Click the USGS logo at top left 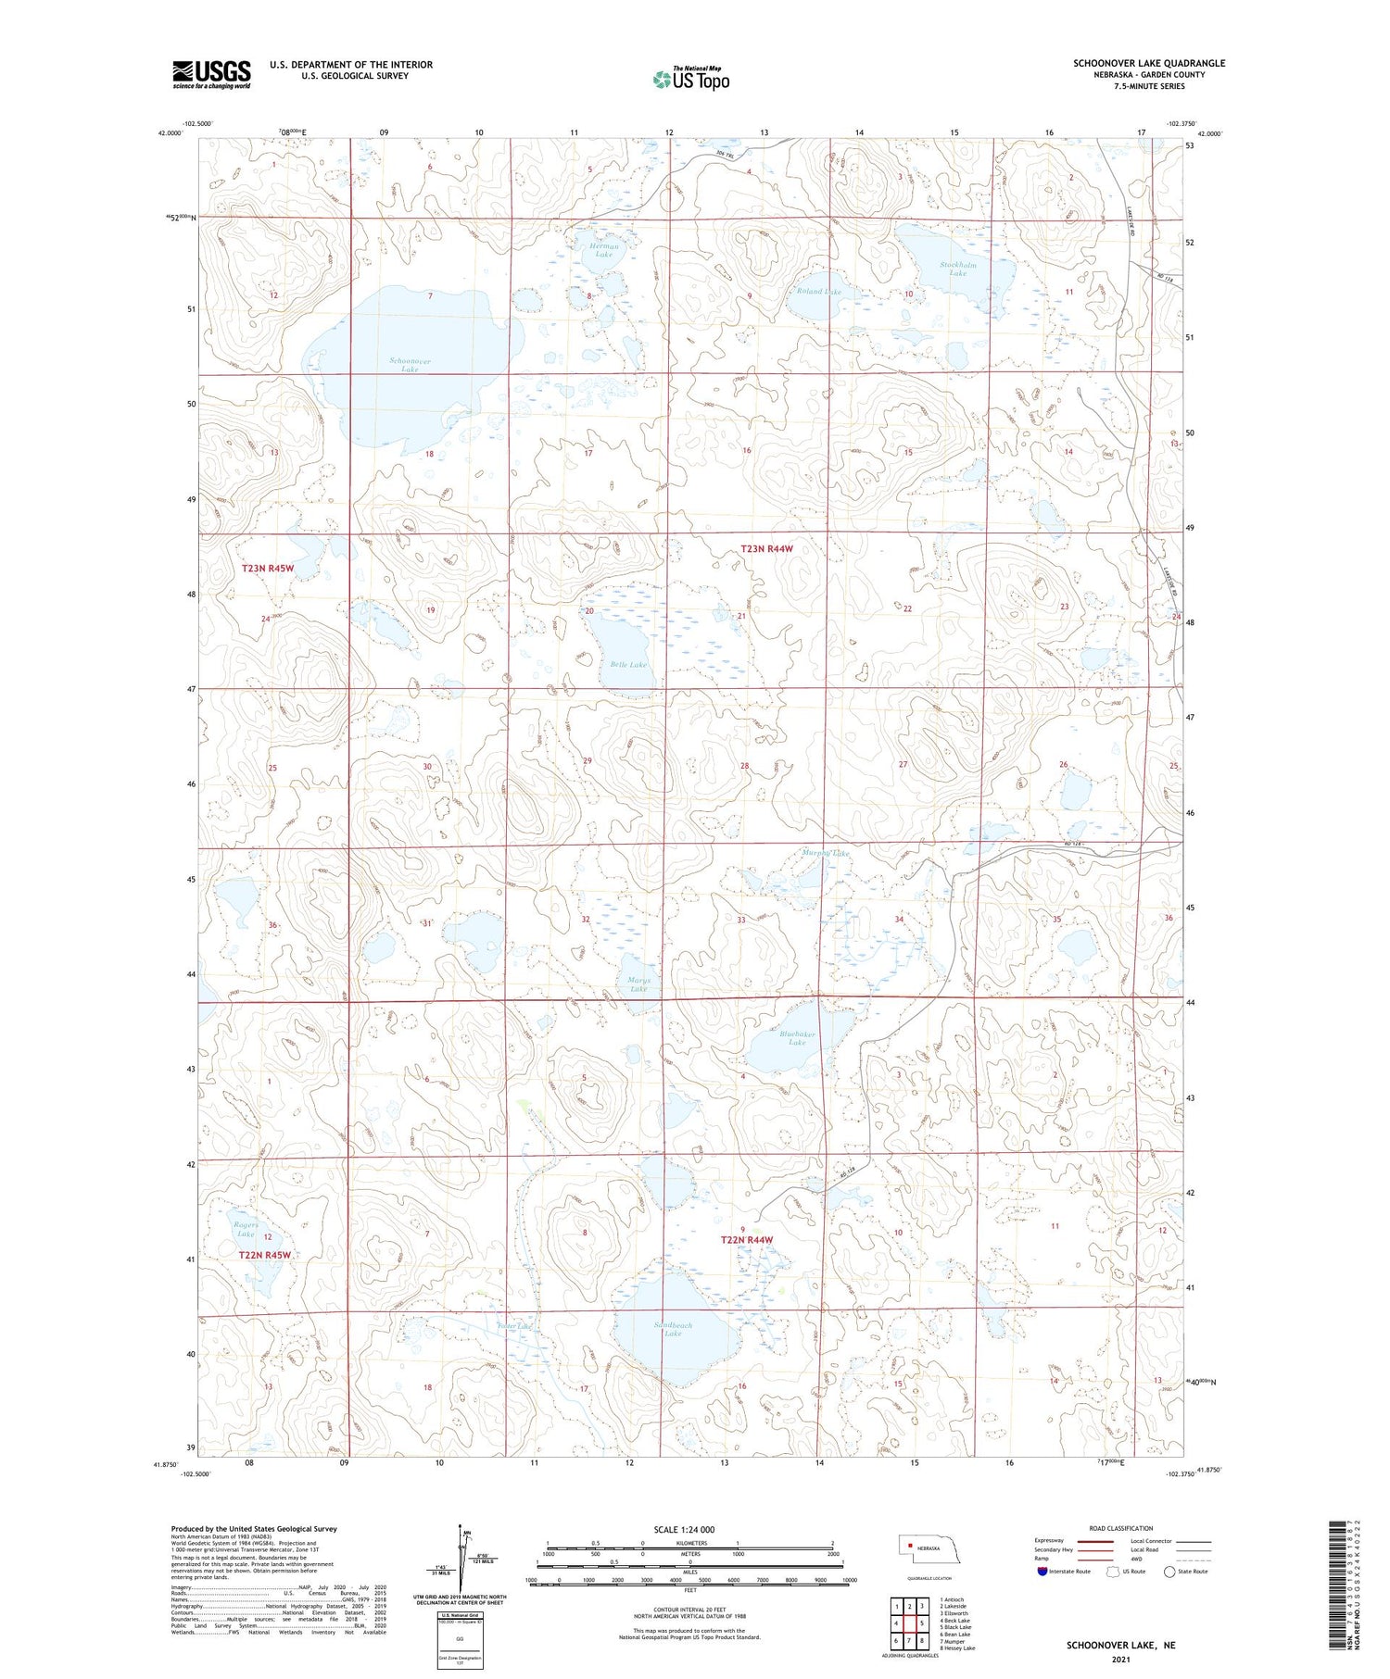pyautogui.click(x=211, y=74)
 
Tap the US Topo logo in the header pyautogui.click(x=690, y=79)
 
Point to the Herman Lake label pyautogui.click(x=604, y=250)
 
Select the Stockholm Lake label pyautogui.click(x=958, y=269)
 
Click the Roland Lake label pyautogui.click(x=819, y=292)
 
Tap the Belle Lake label pyautogui.click(x=628, y=665)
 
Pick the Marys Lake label pyautogui.click(x=638, y=984)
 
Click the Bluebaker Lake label pyautogui.click(x=797, y=1038)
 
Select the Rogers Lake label pyautogui.click(x=246, y=1229)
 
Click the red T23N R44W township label pyautogui.click(x=767, y=549)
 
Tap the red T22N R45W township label pyautogui.click(x=265, y=1255)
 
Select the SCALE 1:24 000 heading pyautogui.click(x=684, y=1529)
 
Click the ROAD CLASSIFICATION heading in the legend pyautogui.click(x=1121, y=1528)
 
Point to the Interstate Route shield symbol pyautogui.click(x=1042, y=1572)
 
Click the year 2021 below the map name pyautogui.click(x=1120, y=1658)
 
